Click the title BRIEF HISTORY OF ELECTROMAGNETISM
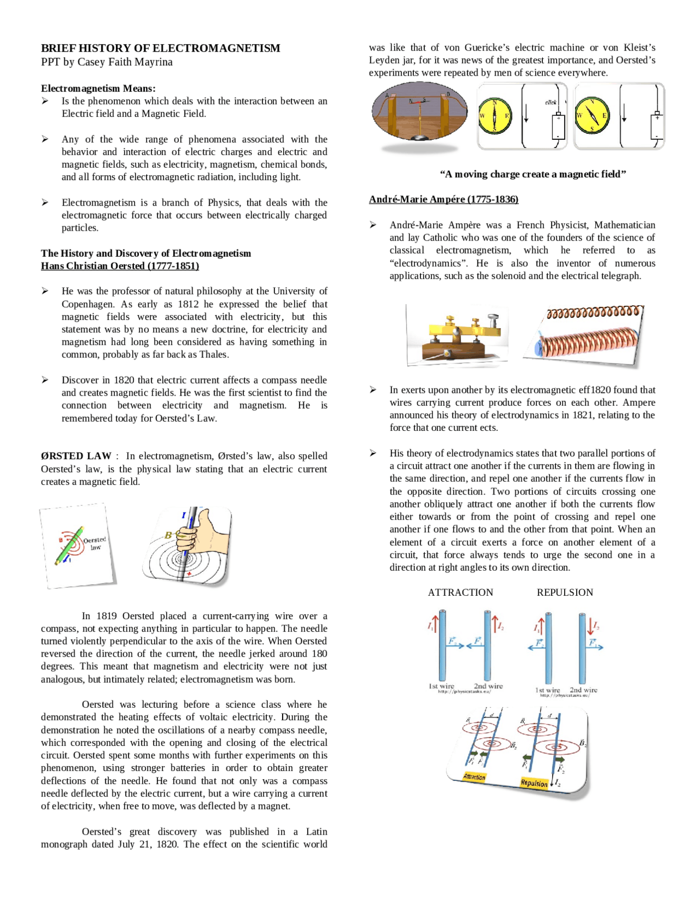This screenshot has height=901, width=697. [161, 48]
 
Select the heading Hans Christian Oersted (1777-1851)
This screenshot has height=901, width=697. [120, 266]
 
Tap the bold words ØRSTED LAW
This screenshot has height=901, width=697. [76, 456]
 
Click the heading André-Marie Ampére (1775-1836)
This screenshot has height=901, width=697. [443, 199]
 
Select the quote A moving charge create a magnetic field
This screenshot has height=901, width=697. [533, 174]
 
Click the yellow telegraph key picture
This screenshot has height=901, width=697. [457, 335]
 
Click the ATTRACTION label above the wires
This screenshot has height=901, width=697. [460, 593]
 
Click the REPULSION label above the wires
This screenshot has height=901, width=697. [565, 593]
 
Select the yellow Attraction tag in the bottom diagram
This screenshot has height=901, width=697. [474, 776]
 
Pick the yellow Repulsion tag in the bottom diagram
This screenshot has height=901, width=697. [534, 783]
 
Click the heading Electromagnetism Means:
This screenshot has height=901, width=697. [98, 89]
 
